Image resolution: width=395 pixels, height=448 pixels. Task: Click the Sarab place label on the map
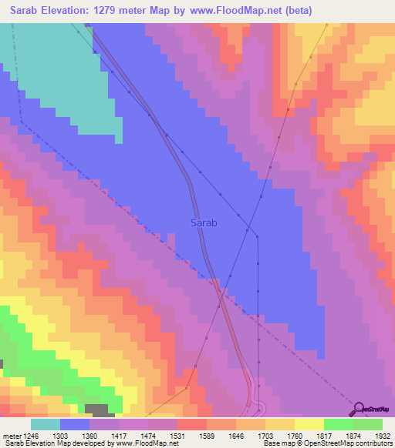coord(204,223)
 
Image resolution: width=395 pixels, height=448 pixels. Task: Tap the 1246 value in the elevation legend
coord(31,436)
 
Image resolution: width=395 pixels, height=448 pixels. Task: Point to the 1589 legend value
coord(206,436)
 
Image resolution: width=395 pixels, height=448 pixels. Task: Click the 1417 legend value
coord(119,436)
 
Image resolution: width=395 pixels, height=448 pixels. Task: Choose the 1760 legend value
coord(294,436)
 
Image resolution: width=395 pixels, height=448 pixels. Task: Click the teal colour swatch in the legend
coord(46,424)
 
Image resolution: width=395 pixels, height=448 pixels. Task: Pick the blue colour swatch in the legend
coord(75,424)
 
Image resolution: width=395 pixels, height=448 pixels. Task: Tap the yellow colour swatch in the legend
coord(309,424)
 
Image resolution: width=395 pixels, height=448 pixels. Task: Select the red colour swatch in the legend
coord(192,424)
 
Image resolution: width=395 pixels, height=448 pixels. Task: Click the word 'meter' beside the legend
coord(12,436)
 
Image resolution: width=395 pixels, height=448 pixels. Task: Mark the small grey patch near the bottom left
coord(96,410)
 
